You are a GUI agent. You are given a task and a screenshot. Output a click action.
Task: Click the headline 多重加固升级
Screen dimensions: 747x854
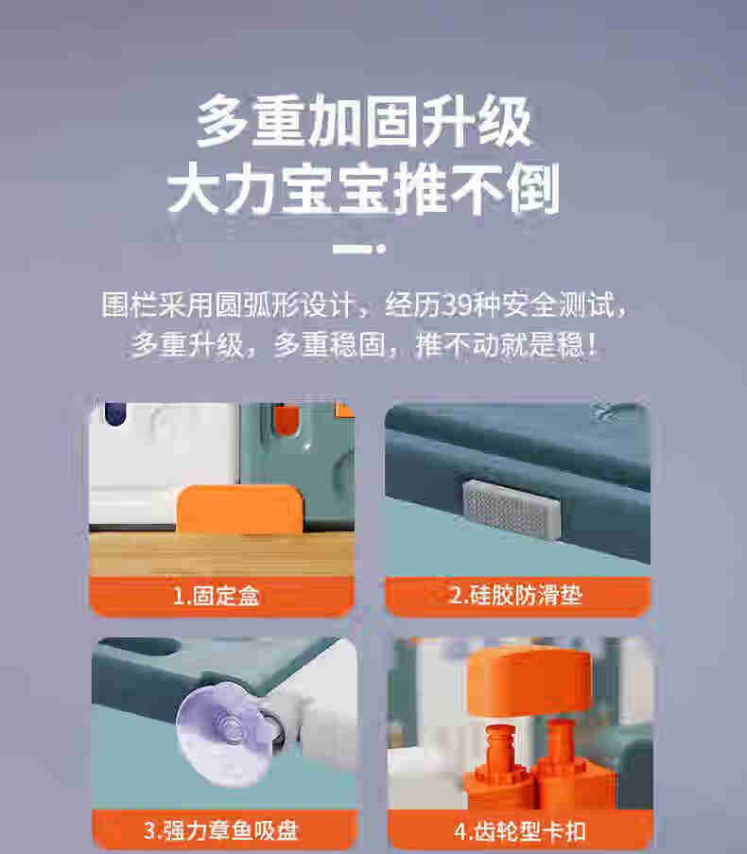click(364, 121)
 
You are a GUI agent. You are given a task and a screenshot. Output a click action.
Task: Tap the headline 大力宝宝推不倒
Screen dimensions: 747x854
click(364, 188)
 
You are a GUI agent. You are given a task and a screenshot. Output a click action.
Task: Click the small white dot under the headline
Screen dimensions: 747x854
click(381, 249)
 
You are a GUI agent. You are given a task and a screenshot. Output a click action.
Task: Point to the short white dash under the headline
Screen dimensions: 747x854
click(353, 249)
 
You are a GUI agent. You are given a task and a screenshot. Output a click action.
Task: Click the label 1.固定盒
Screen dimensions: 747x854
click(217, 595)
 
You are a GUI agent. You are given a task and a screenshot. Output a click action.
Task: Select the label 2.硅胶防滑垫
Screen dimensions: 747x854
click(515, 595)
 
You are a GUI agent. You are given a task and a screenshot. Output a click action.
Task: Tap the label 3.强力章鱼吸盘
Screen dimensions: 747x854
click(221, 830)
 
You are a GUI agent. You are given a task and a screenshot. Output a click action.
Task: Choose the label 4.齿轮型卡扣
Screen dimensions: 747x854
click(519, 831)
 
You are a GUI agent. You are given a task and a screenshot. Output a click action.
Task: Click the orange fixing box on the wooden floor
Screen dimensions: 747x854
click(239, 509)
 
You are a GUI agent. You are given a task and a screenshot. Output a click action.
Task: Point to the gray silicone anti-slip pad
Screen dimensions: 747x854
click(512, 509)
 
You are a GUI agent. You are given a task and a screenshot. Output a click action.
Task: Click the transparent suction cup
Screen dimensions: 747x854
click(224, 734)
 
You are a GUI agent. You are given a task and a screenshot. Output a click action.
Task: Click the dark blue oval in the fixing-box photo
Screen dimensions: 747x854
click(115, 413)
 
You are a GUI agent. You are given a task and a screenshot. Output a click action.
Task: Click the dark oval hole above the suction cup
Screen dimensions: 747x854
click(143, 647)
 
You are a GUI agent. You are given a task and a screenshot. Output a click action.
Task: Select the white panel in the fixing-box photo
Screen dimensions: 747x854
click(164, 463)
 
